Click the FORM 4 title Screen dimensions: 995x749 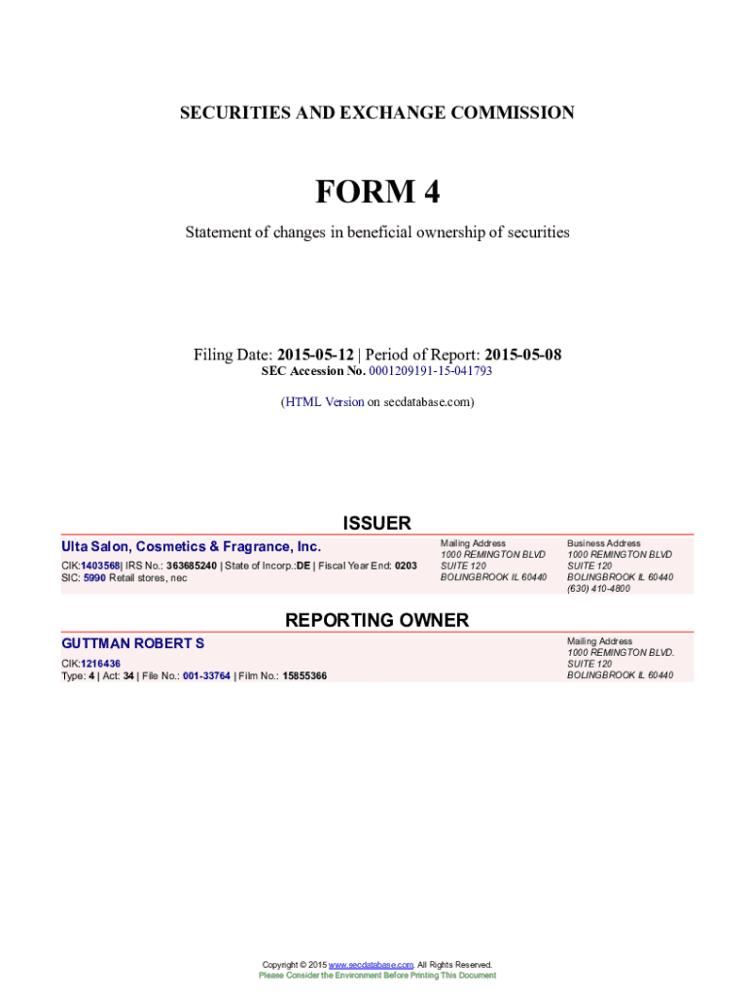tap(376, 193)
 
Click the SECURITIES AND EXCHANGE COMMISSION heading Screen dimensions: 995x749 tap(376, 113)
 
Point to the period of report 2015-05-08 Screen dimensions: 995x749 tap(522, 355)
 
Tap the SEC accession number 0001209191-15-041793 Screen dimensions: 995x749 tap(430, 371)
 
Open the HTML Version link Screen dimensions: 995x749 tap(324, 401)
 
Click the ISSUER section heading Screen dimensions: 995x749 tap(376, 523)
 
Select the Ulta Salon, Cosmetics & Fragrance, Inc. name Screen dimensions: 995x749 tap(191, 547)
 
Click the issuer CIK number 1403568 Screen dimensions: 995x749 tap(100, 565)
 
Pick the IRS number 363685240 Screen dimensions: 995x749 tap(192, 565)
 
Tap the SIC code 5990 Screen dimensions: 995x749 tap(93, 578)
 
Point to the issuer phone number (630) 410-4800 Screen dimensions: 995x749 tap(598, 589)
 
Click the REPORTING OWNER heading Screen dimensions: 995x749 tap(376, 620)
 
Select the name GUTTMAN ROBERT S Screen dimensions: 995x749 tap(133, 643)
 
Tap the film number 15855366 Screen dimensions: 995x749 tap(304, 675)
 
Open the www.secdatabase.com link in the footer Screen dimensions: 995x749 tap(372, 965)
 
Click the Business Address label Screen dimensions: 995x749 tap(604, 543)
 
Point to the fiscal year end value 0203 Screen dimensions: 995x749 tap(406, 565)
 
